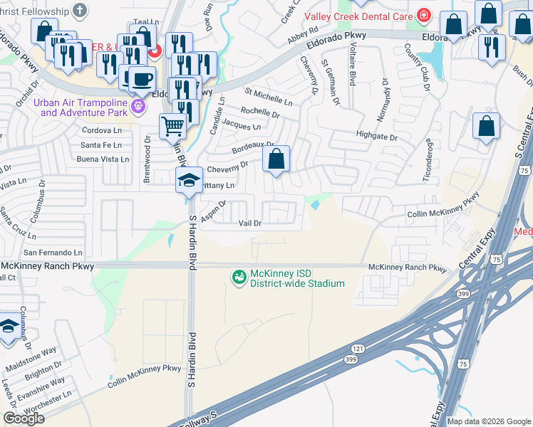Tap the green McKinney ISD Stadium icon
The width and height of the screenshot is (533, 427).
pos(239,277)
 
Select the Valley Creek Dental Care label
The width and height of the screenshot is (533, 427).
pos(359,16)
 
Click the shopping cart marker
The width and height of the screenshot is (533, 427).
pos(172,126)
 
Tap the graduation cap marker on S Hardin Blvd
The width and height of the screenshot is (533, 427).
pos(189,179)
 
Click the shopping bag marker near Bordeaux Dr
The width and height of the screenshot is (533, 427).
pos(276,159)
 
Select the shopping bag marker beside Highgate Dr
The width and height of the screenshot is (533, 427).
pos(486,127)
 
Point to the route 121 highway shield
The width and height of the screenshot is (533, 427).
pos(356,349)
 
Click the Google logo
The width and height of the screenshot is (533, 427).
pos(24,418)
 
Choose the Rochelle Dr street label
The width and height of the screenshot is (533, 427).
pos(259,112)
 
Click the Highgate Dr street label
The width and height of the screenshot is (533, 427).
pos(376,135)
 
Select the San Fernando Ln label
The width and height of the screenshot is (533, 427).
pos(53,253)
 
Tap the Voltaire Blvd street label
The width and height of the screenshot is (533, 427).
pos(352,63)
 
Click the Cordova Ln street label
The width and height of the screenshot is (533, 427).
pos(102,131)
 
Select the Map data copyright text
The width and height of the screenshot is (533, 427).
pos(488,421)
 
